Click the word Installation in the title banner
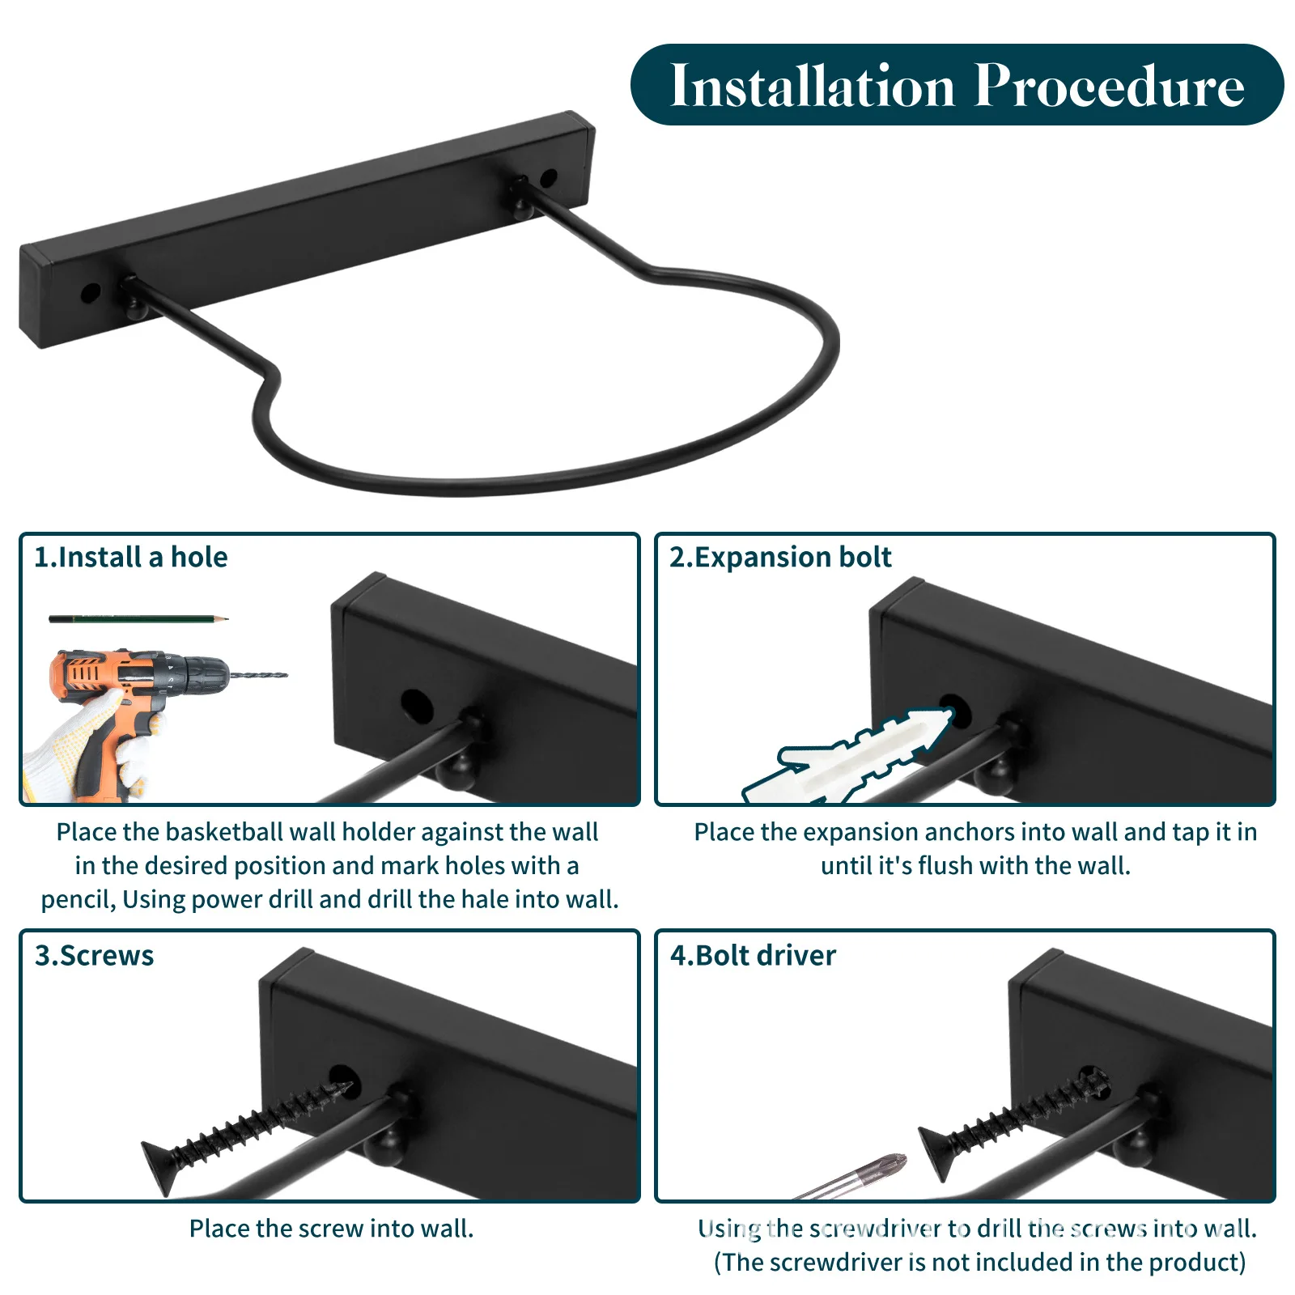click(813, 86)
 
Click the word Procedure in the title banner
click(1110, 86)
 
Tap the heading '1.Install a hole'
click(131, 558)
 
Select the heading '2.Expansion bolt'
click(780, 558)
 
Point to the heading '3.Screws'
click(94, 956)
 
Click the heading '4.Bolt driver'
click(753, 956)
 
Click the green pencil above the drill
click(138, 619)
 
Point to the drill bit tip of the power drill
click(284, 674)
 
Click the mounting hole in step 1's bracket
click(417, 706)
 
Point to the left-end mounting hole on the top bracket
click(91, 292)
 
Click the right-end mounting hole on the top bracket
click(548, 178)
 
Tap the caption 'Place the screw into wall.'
click(332, 1229)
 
